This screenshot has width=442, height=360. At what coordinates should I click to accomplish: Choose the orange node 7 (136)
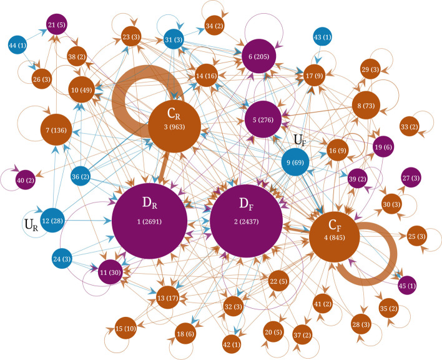tap(57, 130)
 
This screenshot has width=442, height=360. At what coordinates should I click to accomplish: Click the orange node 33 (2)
tap(410, 127)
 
